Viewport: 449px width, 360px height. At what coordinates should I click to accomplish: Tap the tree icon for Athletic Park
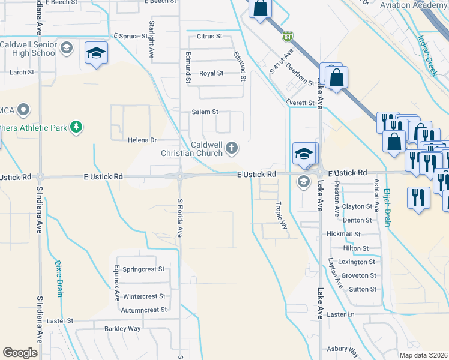[76, 127]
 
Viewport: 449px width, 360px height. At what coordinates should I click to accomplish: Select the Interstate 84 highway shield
[288, 37]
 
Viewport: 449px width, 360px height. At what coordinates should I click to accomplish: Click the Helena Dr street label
[142, 140]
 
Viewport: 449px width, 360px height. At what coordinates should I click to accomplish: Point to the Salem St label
[205, 112]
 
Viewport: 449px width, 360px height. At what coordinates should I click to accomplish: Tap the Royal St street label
[211, 73]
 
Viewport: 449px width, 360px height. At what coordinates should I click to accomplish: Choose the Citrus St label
[210, 37]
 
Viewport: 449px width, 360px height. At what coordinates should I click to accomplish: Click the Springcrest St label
[143, 269]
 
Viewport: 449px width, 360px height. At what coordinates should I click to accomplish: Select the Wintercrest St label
[144, 296]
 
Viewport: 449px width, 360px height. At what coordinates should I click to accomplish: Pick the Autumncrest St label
[144, 310]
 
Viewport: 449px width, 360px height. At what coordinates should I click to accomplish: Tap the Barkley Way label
[122, 329]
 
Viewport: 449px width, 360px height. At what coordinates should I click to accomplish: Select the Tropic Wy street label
[282, 215]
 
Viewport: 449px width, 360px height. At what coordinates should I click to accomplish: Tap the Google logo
[20, 353]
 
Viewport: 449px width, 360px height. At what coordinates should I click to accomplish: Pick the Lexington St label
[357, 262]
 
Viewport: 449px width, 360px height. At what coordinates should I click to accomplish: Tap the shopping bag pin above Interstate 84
[261, 9]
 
